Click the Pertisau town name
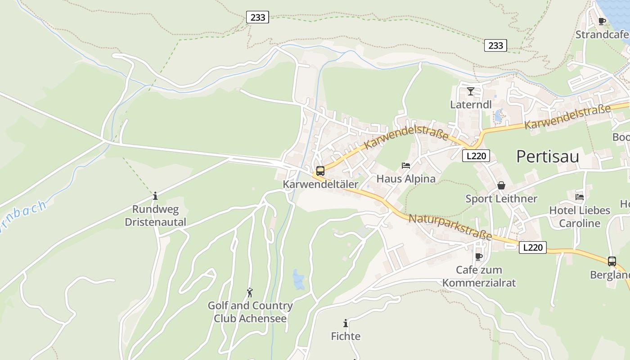point(547,157)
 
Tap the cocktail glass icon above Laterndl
point(471,91)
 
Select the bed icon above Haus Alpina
point(406,166)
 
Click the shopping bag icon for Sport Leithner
point(501,185)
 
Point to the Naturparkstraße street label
point(450,227)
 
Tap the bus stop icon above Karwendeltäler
point(320,171)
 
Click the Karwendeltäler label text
point(320,184)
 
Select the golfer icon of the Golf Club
point(250,292)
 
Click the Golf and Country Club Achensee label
point(250,312)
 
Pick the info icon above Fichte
point(346,323)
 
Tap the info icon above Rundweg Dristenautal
point(155,196)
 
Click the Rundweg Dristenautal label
point(155,216)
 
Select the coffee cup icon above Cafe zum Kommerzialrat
point(479,256)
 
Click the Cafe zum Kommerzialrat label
point(479,276)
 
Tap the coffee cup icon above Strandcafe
point(602,21)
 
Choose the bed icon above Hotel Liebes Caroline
point(580,197)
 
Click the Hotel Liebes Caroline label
point(580,216)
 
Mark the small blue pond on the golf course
point(298,279)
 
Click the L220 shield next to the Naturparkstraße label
point(532,247)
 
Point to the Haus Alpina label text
point(406,179)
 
